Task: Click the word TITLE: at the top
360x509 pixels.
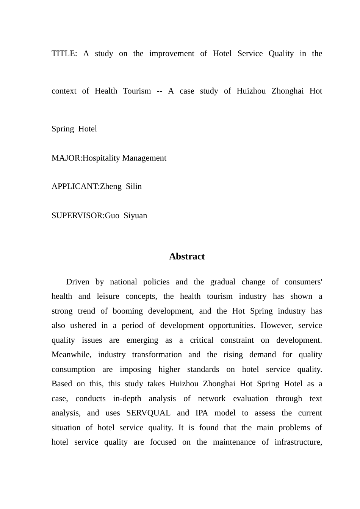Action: point(64,53)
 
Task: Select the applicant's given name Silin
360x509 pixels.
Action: point(134,186)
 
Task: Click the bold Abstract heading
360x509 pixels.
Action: point(187,256)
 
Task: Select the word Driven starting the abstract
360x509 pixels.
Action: point(78,282)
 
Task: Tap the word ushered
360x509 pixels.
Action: point(83,325)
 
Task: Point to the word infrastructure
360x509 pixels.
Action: point(298,442)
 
